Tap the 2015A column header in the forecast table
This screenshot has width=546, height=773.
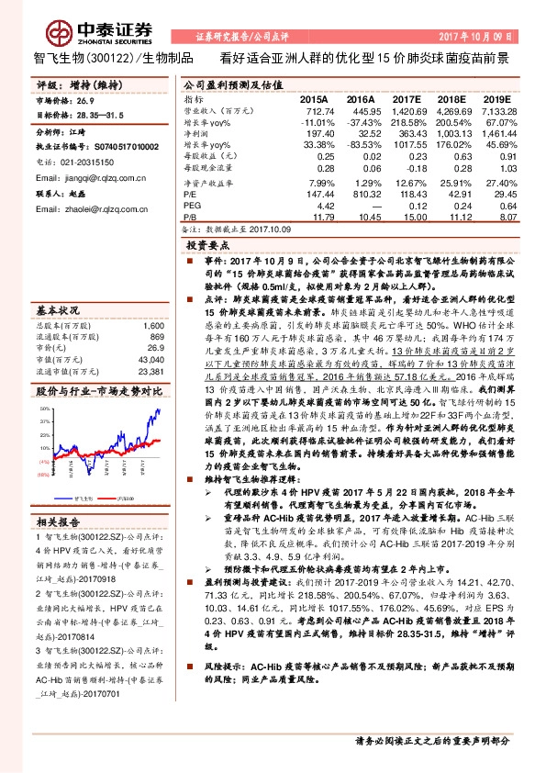(314, 97)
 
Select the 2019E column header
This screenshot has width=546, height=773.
(496, 97)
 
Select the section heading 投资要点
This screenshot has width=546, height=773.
(207, 247)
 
